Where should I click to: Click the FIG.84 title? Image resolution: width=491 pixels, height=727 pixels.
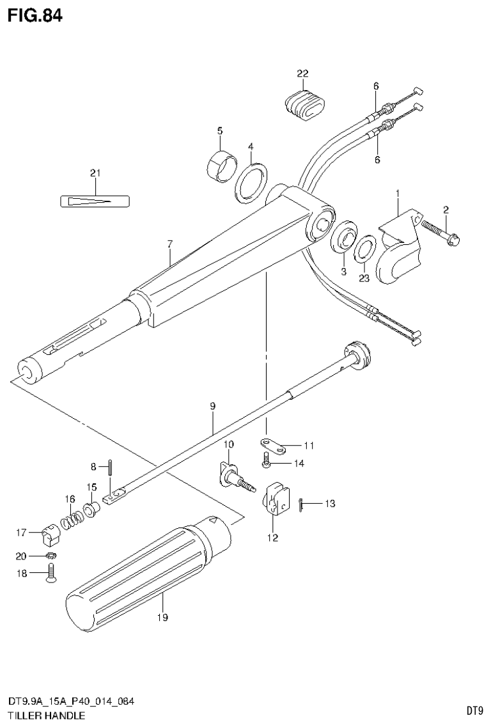click(x=35, y=16)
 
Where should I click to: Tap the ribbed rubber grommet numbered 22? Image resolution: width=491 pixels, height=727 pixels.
click(x=304, y=103)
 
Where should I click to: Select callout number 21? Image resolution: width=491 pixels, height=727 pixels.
click(x=95, y=173)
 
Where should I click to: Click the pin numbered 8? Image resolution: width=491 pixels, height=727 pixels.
click(x=111, y=466)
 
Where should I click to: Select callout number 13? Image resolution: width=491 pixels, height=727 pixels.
click(x=329, y=504)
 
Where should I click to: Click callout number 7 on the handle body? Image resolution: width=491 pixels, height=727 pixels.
click(x=170, y=244)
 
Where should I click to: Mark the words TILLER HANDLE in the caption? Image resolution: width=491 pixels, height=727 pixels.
click(x=46, y=716)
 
